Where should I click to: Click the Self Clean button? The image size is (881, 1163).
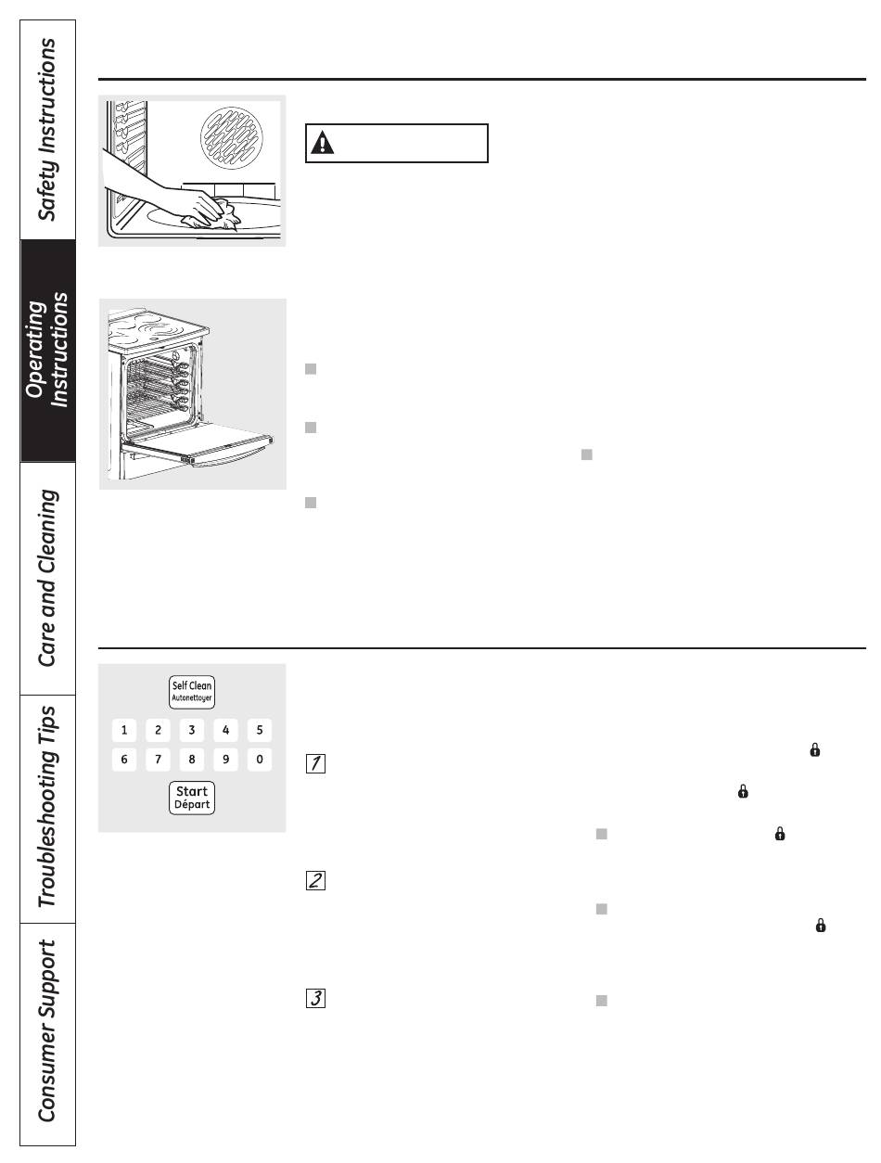191,692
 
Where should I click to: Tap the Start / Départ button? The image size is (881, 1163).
191,798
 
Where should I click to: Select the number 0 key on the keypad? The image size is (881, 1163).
259,760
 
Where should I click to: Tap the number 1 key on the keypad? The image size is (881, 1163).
124,730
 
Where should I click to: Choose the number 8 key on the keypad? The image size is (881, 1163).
192,760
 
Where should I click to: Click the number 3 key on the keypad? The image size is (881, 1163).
192,730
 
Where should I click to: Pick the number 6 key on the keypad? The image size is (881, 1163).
124,760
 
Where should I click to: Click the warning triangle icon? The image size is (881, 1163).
322,143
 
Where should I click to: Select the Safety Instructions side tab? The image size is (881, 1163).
47,130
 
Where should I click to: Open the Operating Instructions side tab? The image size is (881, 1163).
47,351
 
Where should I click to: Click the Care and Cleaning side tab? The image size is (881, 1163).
47,578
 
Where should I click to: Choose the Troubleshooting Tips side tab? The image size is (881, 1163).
47,809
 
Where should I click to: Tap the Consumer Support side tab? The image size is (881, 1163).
47,1034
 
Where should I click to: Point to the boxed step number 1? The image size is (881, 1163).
315,763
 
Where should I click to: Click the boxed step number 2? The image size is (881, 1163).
315,880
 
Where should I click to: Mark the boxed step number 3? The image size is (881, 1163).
315,998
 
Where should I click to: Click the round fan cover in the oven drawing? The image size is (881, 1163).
232,138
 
